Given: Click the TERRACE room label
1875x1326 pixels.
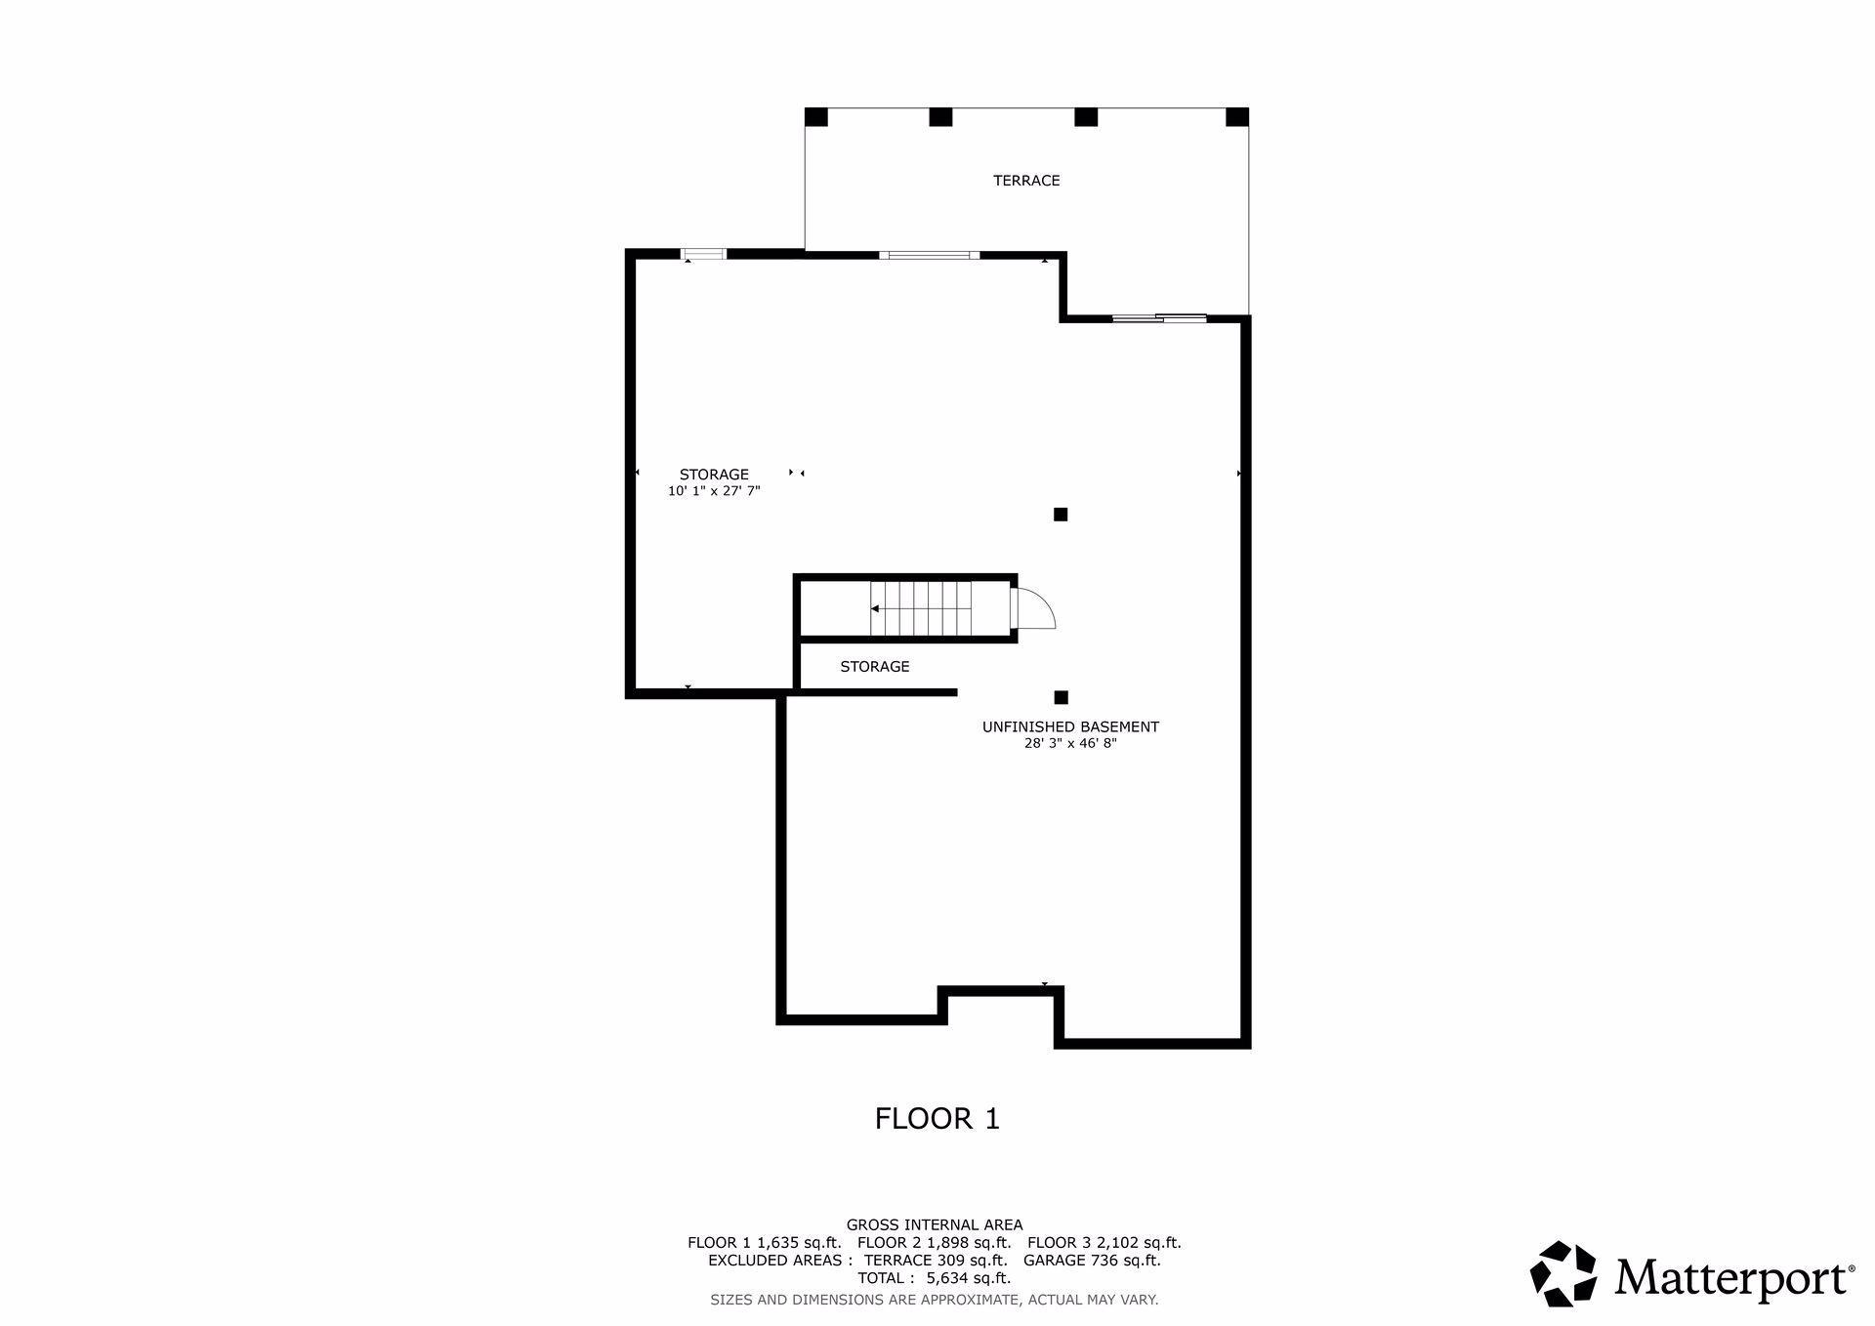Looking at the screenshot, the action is [1026, 181].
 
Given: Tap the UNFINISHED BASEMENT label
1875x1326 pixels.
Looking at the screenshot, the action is [1070, 727].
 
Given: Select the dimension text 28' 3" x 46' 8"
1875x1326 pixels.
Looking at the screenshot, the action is [1070, 744].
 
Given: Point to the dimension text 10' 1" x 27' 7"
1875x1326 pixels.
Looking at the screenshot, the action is [714, 492].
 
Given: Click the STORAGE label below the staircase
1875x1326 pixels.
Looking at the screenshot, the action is [875, 667].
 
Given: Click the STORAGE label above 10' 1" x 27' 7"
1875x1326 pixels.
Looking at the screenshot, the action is [714, 476].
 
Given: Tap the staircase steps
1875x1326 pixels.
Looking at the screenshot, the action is [921, 608].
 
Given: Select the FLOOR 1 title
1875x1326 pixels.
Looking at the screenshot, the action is [937, 1119].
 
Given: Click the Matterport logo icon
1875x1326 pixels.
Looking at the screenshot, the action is [1562, 1273].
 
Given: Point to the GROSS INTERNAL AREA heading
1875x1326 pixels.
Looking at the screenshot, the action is [935, 1225].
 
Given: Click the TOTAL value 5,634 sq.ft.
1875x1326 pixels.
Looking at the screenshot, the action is [969, 1278].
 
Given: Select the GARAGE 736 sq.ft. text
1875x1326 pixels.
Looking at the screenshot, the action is [1092, 1261].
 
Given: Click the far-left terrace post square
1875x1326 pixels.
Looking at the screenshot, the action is [816, 117].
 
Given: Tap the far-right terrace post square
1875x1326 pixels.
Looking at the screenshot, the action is [1237, 117].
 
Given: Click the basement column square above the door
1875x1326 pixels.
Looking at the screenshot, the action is [1061, 515].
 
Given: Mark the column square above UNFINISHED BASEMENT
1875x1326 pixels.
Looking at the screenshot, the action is [1062, 697].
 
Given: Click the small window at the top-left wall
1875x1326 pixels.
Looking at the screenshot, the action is [704, 255].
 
